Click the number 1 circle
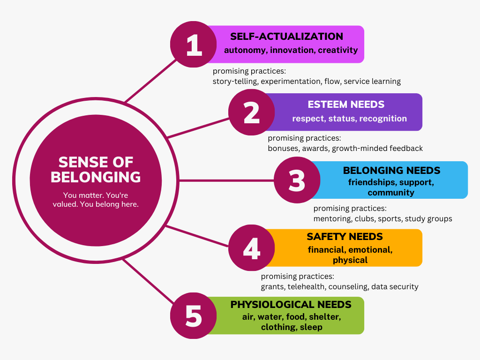193,45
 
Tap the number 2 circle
252,112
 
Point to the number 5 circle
193,316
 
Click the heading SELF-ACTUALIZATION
286,37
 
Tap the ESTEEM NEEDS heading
346,105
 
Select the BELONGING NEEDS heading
391,170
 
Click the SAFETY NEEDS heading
345,237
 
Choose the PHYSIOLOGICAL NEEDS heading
291,305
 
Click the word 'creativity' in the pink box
337,50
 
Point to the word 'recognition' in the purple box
383,119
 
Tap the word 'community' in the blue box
390,193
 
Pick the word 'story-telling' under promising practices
235,82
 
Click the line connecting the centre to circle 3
225,180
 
